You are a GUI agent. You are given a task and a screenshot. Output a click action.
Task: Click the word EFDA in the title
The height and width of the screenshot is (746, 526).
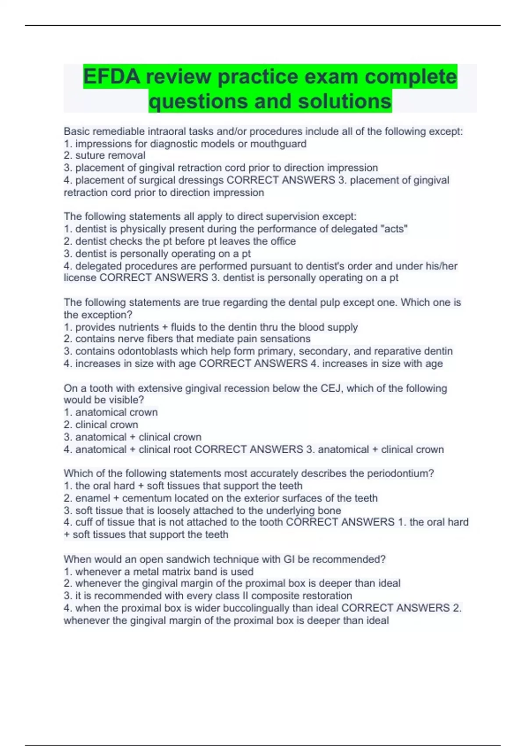click(112, 77)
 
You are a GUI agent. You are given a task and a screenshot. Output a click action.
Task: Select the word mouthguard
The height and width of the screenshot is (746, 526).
click(278, 143)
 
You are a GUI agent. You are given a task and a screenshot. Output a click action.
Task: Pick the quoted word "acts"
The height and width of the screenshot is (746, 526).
click(394, 229)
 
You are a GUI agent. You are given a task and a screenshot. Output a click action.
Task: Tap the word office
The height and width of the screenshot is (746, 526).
click(282, 241)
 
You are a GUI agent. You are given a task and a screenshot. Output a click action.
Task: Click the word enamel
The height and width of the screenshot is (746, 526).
click(93, 498)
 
